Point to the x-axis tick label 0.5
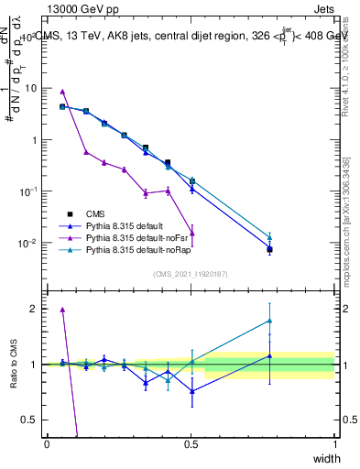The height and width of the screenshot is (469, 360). tap(191, 443)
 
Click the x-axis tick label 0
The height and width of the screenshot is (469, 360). tap(47, 443)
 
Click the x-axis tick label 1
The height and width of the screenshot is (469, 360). tap(334, 443)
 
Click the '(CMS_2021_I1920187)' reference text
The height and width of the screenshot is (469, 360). tap(191, 273)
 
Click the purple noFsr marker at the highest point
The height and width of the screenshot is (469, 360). tap(62, 92)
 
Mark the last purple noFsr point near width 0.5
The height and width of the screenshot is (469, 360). tap(191, 233)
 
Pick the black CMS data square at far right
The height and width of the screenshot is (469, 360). tap(269, 249)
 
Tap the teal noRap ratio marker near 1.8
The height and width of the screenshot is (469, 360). tap(269, 321)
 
